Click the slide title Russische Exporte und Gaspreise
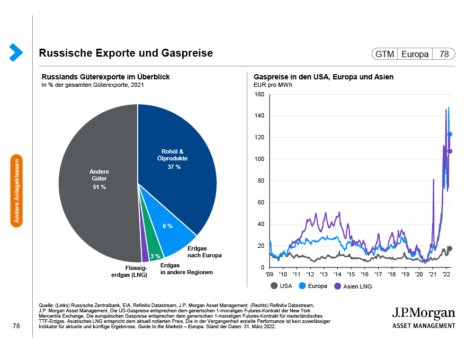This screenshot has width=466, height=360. pyautogui.click(x=126, y=53)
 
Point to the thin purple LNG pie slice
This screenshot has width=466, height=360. pyautogui.click(x=145, y=254)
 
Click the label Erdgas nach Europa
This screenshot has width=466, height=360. pyautogui.click(x=204, y=251)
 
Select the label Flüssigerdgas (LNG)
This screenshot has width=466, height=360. pyautogui.click(x=129, y=271)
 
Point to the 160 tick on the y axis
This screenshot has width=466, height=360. pyautogui.click(x=259, y=95)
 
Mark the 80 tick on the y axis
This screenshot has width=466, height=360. pyautogui.click(x=261, y=181)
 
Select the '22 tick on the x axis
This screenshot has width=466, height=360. pyautogui.click(x=446, y=275)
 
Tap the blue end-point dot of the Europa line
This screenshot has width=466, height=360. pyautogui.click(x=450, y=134)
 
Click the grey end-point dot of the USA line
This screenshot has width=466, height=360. pyautogui.click(x=450, y=248)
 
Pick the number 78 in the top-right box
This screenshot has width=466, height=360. pyautogui.click(x=444, y=54)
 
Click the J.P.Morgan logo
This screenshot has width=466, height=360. pyautogui.click(x=423, y=317)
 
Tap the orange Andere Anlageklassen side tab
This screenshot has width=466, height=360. pyautogui.click(x=17, y=190)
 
